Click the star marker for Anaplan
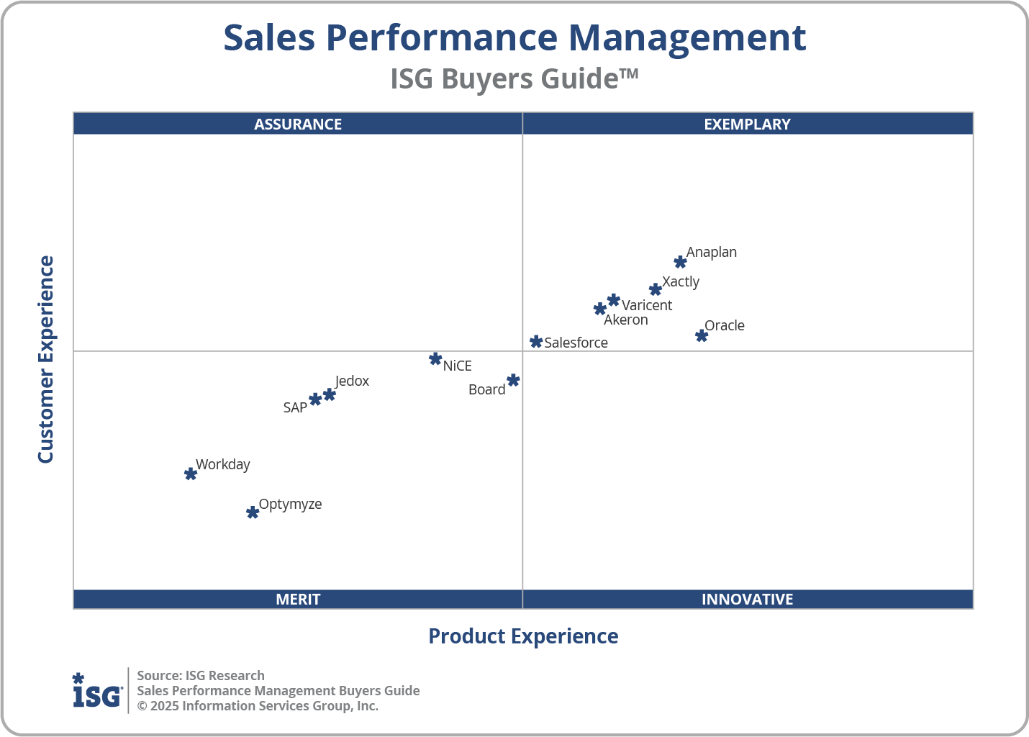click(680, 262)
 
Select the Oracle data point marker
click(702, 335)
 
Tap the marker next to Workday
click(191, 474)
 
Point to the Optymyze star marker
click(253, 512)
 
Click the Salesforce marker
click(536, 341)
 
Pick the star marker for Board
click(513, 380)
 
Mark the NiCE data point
click(435, 358)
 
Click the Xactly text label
click(681, 281)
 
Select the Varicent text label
click(647, 305)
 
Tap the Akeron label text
click(625, 320)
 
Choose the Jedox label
click(352, 381)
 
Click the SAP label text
click(295, 407)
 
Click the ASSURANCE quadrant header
click(298, 124)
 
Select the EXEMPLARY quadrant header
click(747, 124)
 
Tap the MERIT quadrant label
click(298, 599)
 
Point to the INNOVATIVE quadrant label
click(747, 599)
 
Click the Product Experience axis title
click(523, 636)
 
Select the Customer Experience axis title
click(46, 360)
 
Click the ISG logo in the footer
click(97, 691)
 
